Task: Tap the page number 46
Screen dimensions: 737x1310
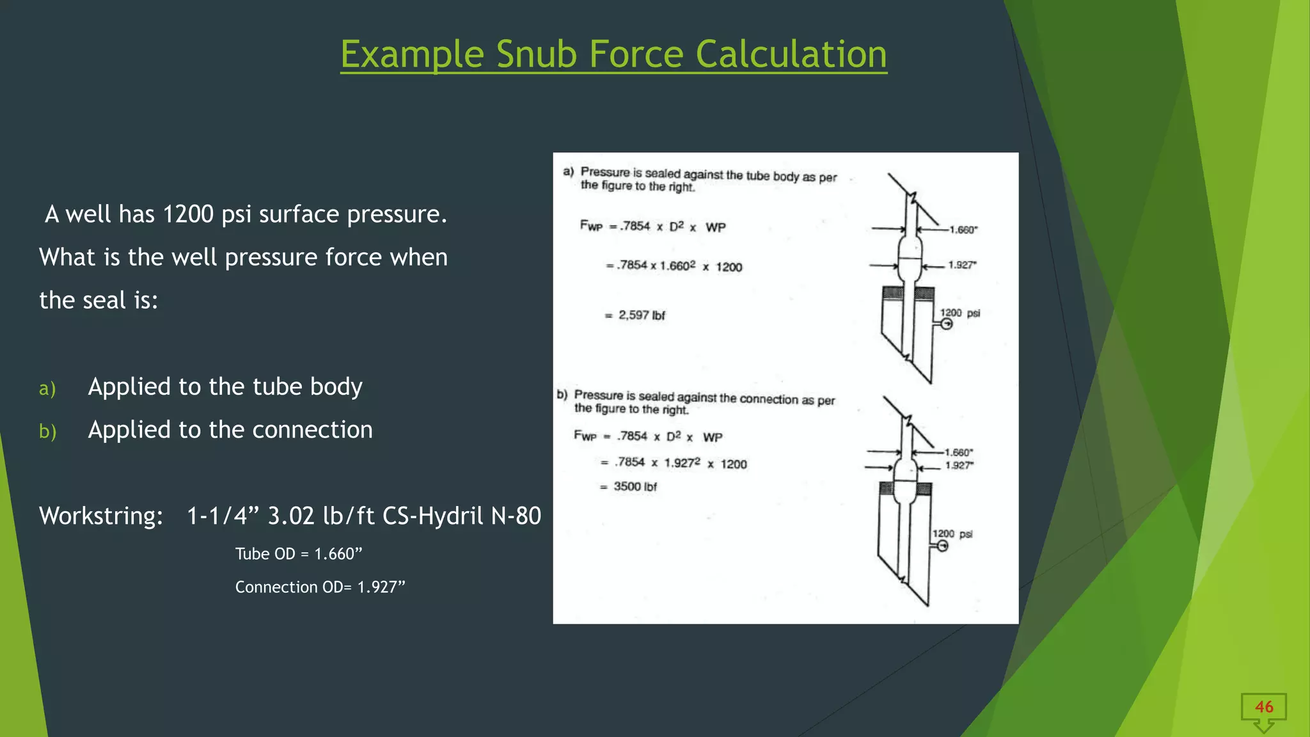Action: pos(1263,707)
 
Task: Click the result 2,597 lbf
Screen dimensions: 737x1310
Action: pos(641,315)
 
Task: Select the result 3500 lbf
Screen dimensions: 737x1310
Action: pos(635,487)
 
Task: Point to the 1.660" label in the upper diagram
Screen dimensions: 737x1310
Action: pos(963,230)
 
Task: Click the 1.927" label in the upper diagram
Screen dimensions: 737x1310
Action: pos(962,265)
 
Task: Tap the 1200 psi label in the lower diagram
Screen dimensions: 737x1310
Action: pos(952,534)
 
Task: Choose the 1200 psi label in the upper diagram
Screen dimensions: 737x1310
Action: pos(959,313)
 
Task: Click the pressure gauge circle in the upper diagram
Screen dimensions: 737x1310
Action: pos(947,324)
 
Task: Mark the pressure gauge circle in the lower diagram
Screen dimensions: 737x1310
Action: pos(942,546)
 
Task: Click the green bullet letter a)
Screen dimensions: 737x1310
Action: pos(47,388)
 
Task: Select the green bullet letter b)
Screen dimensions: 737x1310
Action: pos(48,432)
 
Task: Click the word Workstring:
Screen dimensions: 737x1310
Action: pos(101,516)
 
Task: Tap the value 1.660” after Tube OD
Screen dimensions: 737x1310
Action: pos(338,554)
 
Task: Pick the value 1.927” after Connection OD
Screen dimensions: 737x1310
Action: pos(381,587)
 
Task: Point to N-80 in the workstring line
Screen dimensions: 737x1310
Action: pos(516,516)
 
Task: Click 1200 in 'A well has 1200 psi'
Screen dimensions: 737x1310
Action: pos(188,214)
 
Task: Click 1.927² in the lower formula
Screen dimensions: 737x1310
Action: pos(682,463)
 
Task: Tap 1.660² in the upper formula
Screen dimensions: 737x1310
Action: pos(677,265)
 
